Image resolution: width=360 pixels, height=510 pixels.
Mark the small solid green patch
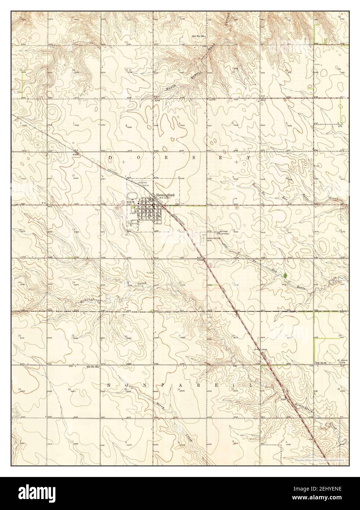point(286,274)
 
